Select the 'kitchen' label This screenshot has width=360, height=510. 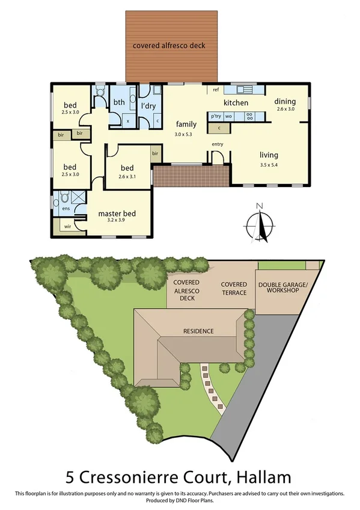click(236, 103)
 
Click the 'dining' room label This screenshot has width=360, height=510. click(285, 102)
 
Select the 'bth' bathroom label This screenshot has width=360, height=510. click(119, 102)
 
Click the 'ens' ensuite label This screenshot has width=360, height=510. click(66, 209)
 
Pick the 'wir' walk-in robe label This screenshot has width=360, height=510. click(67, 227)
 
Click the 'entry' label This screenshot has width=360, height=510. click(218, 145)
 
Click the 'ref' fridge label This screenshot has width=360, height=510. click(215, 90)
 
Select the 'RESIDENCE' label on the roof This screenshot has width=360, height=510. click(199, 331)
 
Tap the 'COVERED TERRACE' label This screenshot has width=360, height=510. click(233, 288)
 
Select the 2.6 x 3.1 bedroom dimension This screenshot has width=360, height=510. click(127, 176)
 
